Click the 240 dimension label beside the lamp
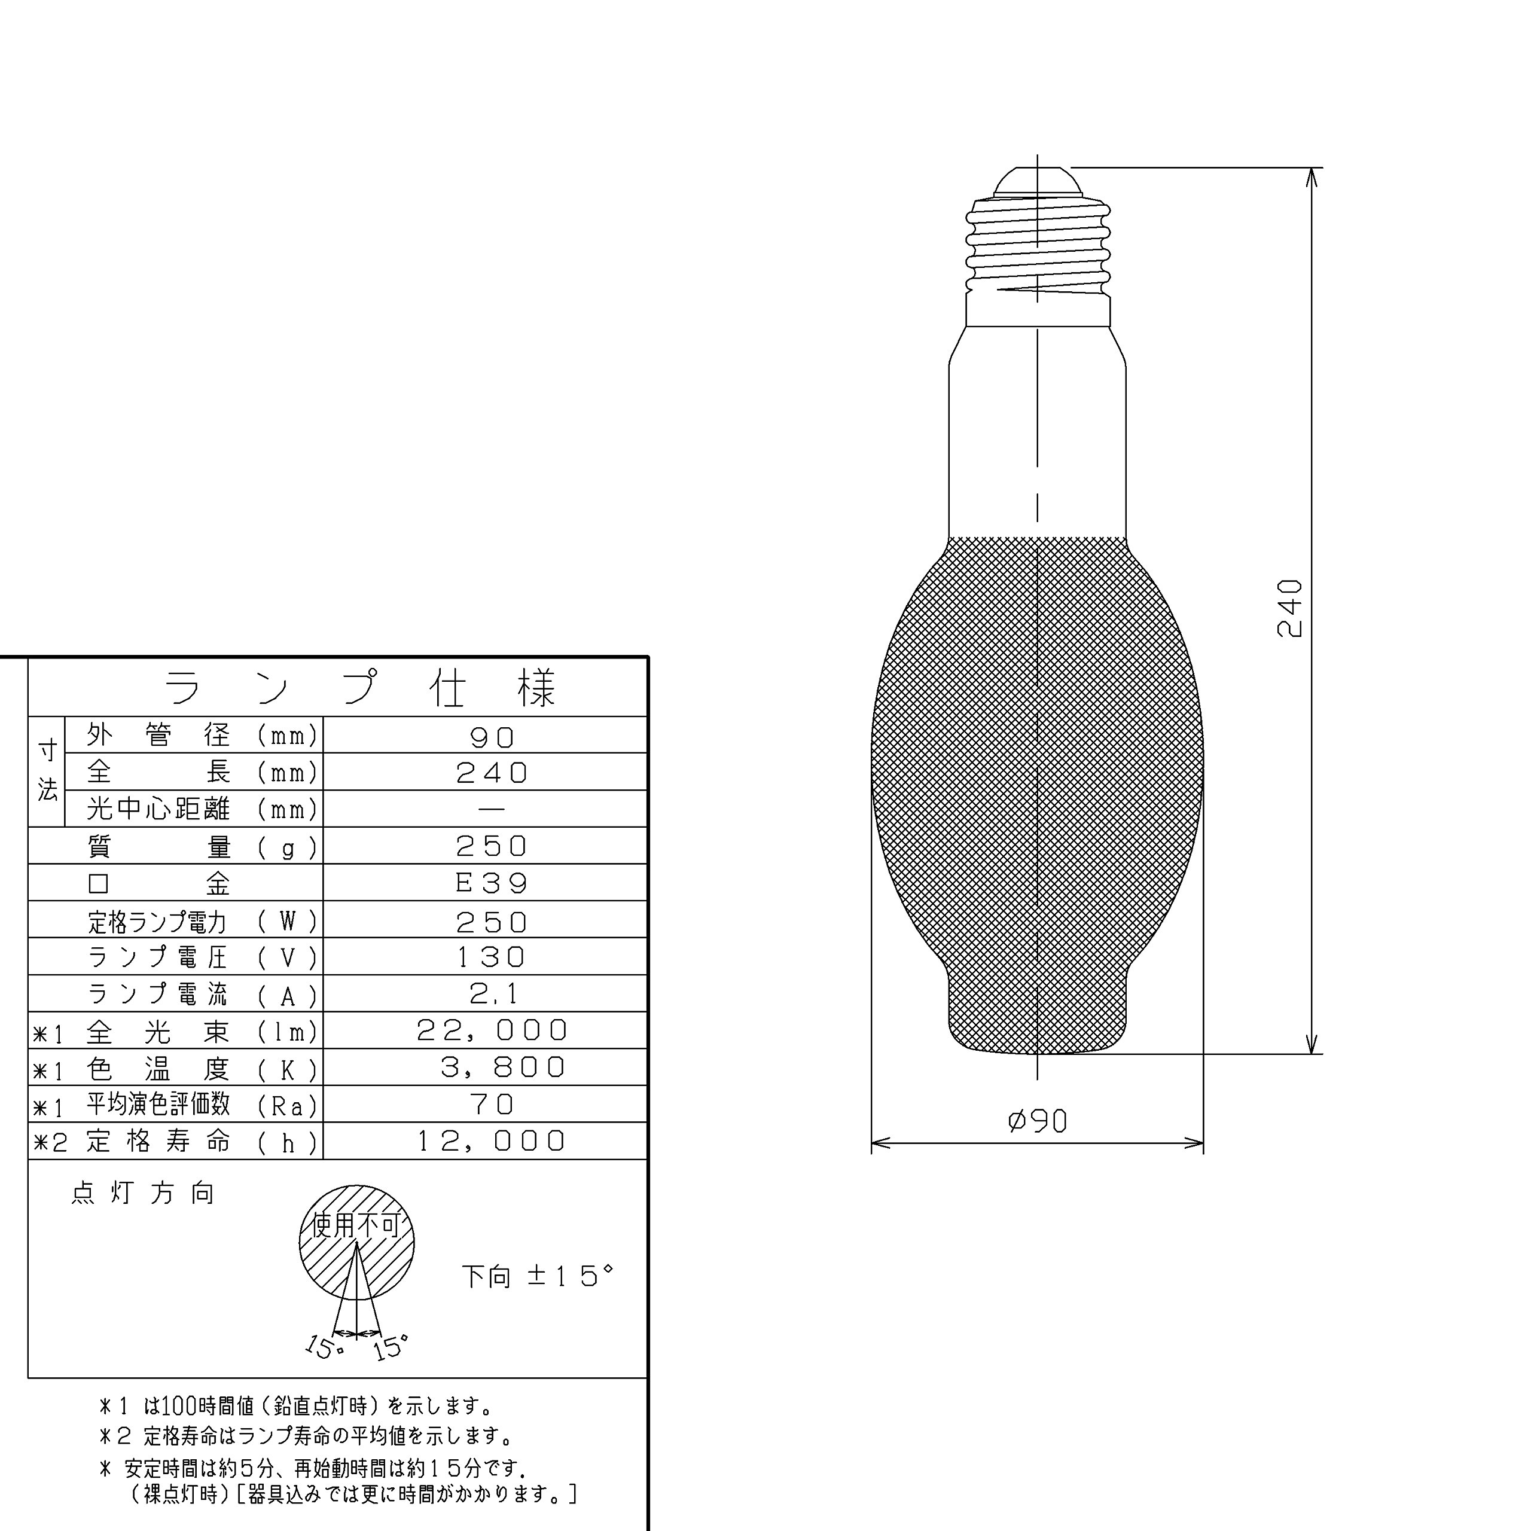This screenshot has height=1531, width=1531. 1289,609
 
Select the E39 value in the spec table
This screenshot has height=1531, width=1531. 492,883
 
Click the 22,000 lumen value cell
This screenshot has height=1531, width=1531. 492,1030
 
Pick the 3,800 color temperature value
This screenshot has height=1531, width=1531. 502,1068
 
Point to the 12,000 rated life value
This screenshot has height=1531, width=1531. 492,1141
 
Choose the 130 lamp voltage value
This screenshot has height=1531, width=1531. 492,957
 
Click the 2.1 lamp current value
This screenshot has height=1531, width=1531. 493,994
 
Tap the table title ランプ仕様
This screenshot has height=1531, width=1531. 361,688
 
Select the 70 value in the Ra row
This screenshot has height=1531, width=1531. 492,1105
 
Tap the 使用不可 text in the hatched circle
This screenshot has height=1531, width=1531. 356,1225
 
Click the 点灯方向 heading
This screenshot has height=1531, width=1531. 143,1194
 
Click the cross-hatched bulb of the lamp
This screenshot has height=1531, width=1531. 1037,792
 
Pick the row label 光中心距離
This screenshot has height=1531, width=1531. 158,809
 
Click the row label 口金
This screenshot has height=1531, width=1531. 158,883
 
